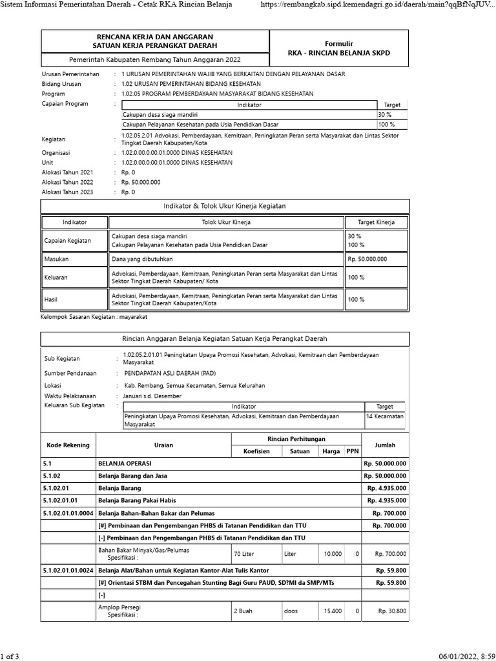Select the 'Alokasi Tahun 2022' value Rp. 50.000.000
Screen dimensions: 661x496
(141, 182)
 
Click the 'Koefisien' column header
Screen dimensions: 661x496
(255, 451)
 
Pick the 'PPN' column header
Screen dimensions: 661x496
(352, 451)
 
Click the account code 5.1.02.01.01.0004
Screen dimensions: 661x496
(68, 513)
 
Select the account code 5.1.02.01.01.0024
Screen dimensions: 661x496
(68, 571)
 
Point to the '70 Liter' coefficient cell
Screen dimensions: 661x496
(245, 554)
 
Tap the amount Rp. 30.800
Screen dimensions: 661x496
(391, 611)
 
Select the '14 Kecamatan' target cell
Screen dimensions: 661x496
(385, 416)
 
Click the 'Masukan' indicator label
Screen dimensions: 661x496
(56, 258)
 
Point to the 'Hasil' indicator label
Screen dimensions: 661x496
(51, 300)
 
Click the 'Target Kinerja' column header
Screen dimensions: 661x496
(377, 222)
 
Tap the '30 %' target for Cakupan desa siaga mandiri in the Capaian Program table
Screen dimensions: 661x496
(384, 114)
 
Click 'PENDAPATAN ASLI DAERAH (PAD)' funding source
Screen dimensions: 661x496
(170, 373)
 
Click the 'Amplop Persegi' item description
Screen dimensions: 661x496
(119, 607)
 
